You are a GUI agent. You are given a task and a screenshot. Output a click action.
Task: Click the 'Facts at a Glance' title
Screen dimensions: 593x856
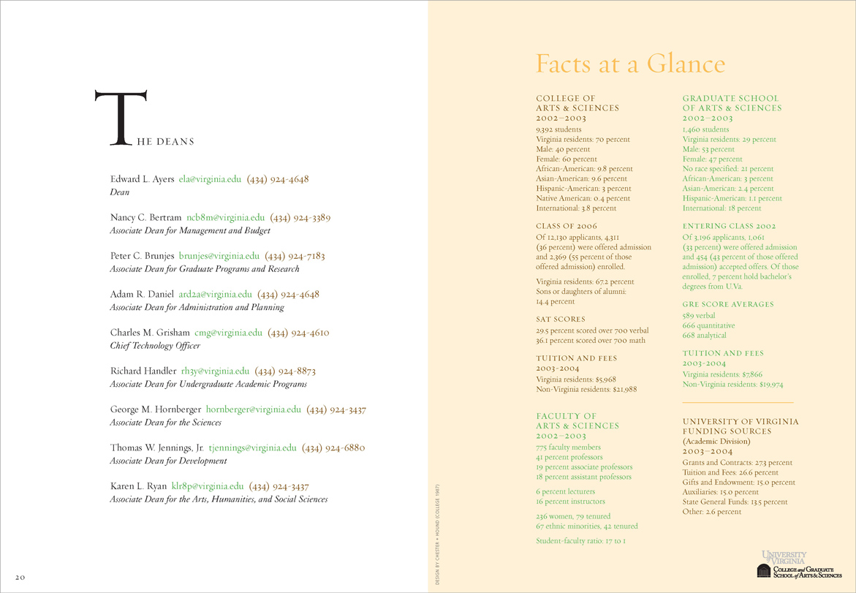630,64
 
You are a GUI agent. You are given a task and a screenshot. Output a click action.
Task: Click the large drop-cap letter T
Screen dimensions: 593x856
121,116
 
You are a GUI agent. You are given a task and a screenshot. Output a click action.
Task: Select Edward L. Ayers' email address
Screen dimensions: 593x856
210,179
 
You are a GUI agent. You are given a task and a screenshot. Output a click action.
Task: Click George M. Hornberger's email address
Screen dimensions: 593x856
254,409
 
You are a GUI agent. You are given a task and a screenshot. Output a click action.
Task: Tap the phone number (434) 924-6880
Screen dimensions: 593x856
333,447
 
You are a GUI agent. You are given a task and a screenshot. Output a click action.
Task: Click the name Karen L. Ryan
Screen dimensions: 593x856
137,486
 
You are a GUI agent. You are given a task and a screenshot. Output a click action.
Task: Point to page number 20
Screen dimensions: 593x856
20,577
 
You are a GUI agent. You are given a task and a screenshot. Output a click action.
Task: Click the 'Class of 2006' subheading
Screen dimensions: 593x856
567,226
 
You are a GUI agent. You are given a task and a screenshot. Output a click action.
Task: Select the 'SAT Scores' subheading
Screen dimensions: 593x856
561,319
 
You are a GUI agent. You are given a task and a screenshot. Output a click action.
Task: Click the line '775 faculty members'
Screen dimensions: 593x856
568,447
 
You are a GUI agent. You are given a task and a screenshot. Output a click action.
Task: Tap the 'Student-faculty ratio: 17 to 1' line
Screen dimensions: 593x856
581,541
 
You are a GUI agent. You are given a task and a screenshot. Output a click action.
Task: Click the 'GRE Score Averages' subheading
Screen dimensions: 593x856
727,304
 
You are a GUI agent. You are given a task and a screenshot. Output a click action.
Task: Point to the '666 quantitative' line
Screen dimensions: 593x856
708,325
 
